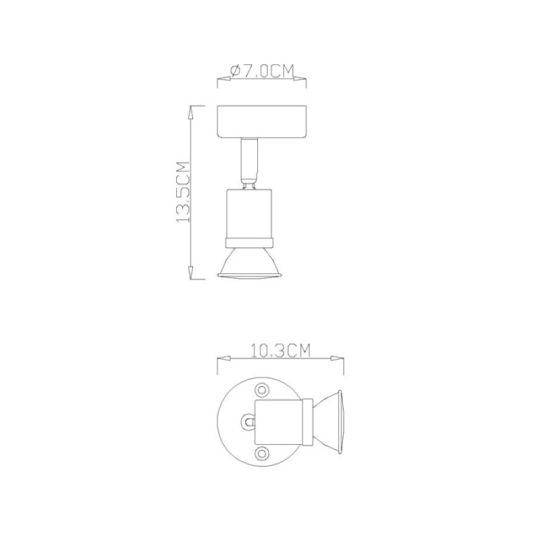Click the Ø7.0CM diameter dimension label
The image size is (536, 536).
262,72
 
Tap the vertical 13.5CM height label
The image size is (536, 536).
183,192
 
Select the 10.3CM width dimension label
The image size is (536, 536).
281,350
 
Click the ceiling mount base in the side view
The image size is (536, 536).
262,121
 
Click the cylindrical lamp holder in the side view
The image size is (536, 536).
249,214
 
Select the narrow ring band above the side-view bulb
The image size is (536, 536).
249,243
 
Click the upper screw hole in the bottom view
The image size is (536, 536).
262,390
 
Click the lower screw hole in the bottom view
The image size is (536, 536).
262,454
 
